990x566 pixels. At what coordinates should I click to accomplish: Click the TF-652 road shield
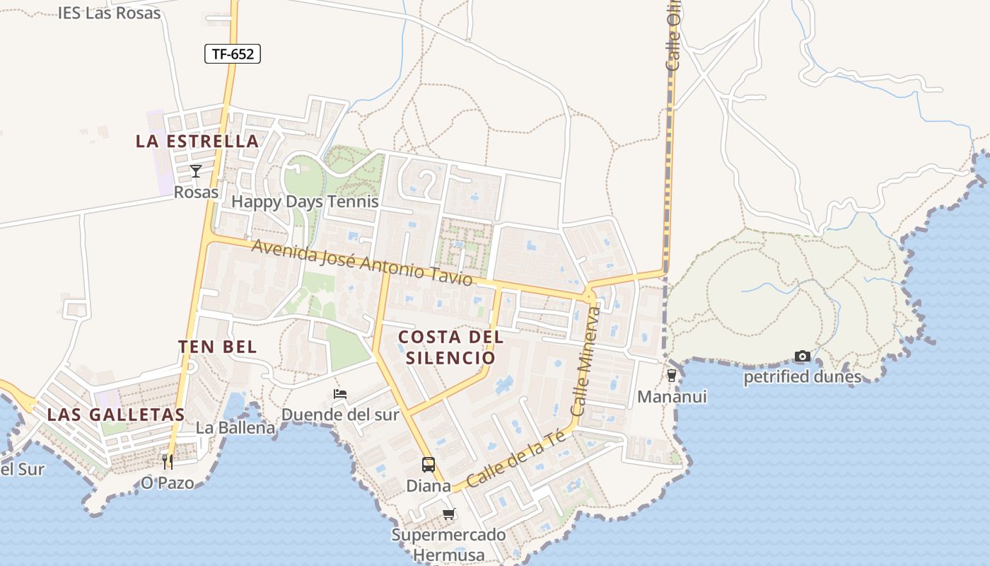(233, 54)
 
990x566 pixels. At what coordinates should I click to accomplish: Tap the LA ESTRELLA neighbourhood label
(197, 141)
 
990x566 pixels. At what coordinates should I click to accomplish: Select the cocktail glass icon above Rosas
(196, 171)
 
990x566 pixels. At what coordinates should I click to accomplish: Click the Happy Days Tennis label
(305, 202)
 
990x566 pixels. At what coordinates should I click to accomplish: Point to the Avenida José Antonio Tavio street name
(361, 263)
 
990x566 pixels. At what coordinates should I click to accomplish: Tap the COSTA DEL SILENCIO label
(450, 347)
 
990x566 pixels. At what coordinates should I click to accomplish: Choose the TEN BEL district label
(217, 347)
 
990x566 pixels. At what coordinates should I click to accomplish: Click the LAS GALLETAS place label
(115, 415)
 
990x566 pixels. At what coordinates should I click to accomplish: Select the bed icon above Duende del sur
(340, 394)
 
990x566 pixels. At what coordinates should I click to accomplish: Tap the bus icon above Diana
(429, 465)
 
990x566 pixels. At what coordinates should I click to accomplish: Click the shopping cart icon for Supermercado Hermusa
(448, 514)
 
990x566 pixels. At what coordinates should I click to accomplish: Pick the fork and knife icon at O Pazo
(168, 462)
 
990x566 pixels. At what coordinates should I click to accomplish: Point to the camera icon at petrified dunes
(802, 356)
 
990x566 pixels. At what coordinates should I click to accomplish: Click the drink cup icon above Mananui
(672, 376)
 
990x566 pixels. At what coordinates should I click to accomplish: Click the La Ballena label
(235, 428)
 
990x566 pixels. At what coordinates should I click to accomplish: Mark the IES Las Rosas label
(110, 13)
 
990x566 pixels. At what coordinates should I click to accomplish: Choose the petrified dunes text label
(802, 377)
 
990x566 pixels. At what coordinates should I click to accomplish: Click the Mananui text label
(672, 397)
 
